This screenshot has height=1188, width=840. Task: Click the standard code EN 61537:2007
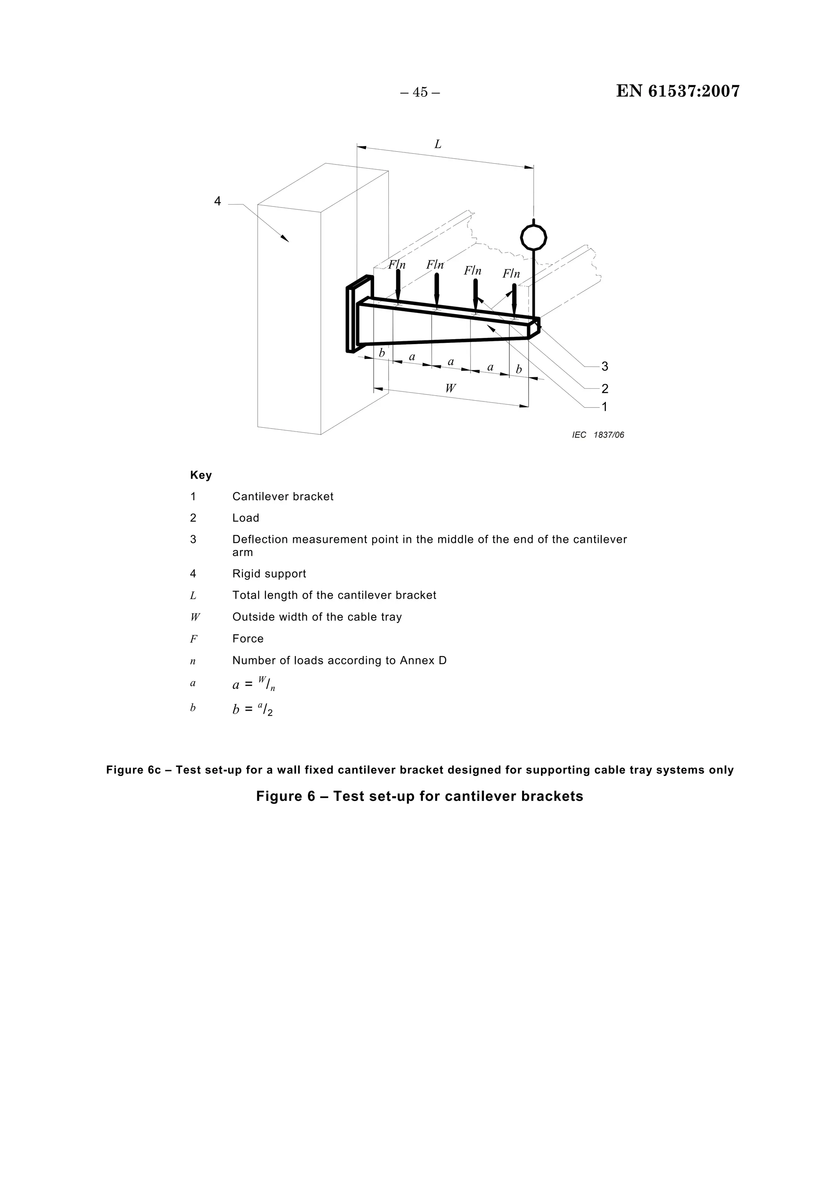678,91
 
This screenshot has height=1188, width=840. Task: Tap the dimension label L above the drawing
438,144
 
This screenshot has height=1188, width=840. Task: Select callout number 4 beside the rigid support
217,201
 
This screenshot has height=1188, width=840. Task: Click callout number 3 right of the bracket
605,367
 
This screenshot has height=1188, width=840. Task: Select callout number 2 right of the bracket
605,389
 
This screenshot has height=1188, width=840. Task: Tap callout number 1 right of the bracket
605,407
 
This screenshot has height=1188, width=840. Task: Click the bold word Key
201,475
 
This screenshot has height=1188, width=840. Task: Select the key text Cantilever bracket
283,497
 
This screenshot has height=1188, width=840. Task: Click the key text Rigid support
269,574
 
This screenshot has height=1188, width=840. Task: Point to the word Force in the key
248,638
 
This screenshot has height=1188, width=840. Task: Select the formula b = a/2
253,709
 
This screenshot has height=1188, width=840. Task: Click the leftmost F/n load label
397,265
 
